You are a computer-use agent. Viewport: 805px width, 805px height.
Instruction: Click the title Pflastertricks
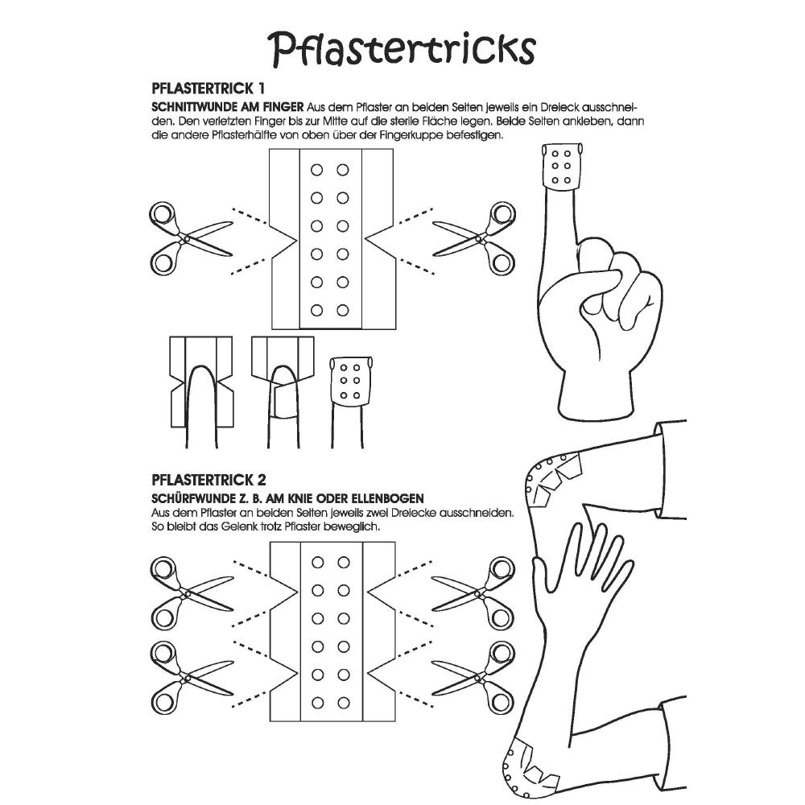[x=402, y=49]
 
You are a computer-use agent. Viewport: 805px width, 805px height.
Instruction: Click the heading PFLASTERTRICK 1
[x=208, y=89]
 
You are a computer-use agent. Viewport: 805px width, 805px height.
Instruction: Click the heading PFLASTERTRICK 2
[x=209, y=480]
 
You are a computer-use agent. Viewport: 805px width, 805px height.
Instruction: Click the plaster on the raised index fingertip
[x=562, y=167]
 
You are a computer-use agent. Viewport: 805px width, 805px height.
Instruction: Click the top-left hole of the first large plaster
[x=316, y=170]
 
